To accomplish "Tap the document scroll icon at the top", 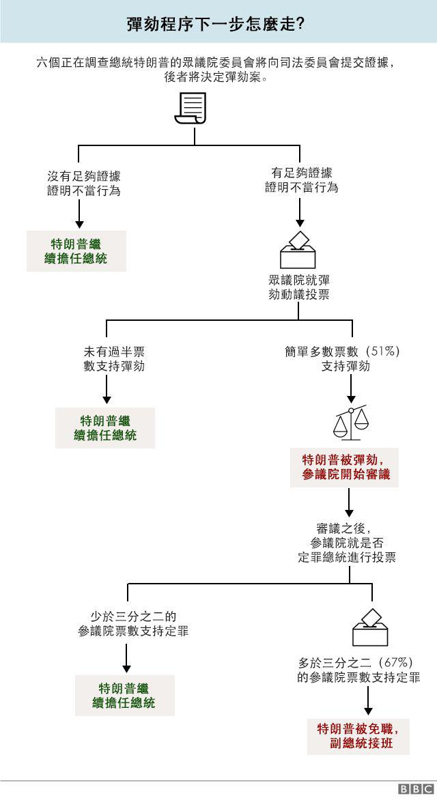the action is pos(191,109).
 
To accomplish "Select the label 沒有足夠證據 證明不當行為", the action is pos(83,184).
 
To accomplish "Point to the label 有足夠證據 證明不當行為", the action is pos(302,180).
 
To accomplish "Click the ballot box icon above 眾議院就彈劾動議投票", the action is pos(298,250).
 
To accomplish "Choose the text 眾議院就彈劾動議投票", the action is pos(299,287).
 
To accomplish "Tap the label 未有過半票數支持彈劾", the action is pos(114,359).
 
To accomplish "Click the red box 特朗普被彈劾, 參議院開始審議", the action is pos(344,467).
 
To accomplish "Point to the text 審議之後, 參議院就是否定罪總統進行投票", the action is pos(346,543).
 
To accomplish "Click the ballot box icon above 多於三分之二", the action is pos(370,627).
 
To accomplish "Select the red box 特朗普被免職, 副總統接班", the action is pos(358,736).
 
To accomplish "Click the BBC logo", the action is pos(416,789).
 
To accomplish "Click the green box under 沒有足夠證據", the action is pos(76,251).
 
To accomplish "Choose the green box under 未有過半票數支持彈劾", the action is pos(105,427).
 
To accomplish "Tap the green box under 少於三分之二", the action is pos(125,695).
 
